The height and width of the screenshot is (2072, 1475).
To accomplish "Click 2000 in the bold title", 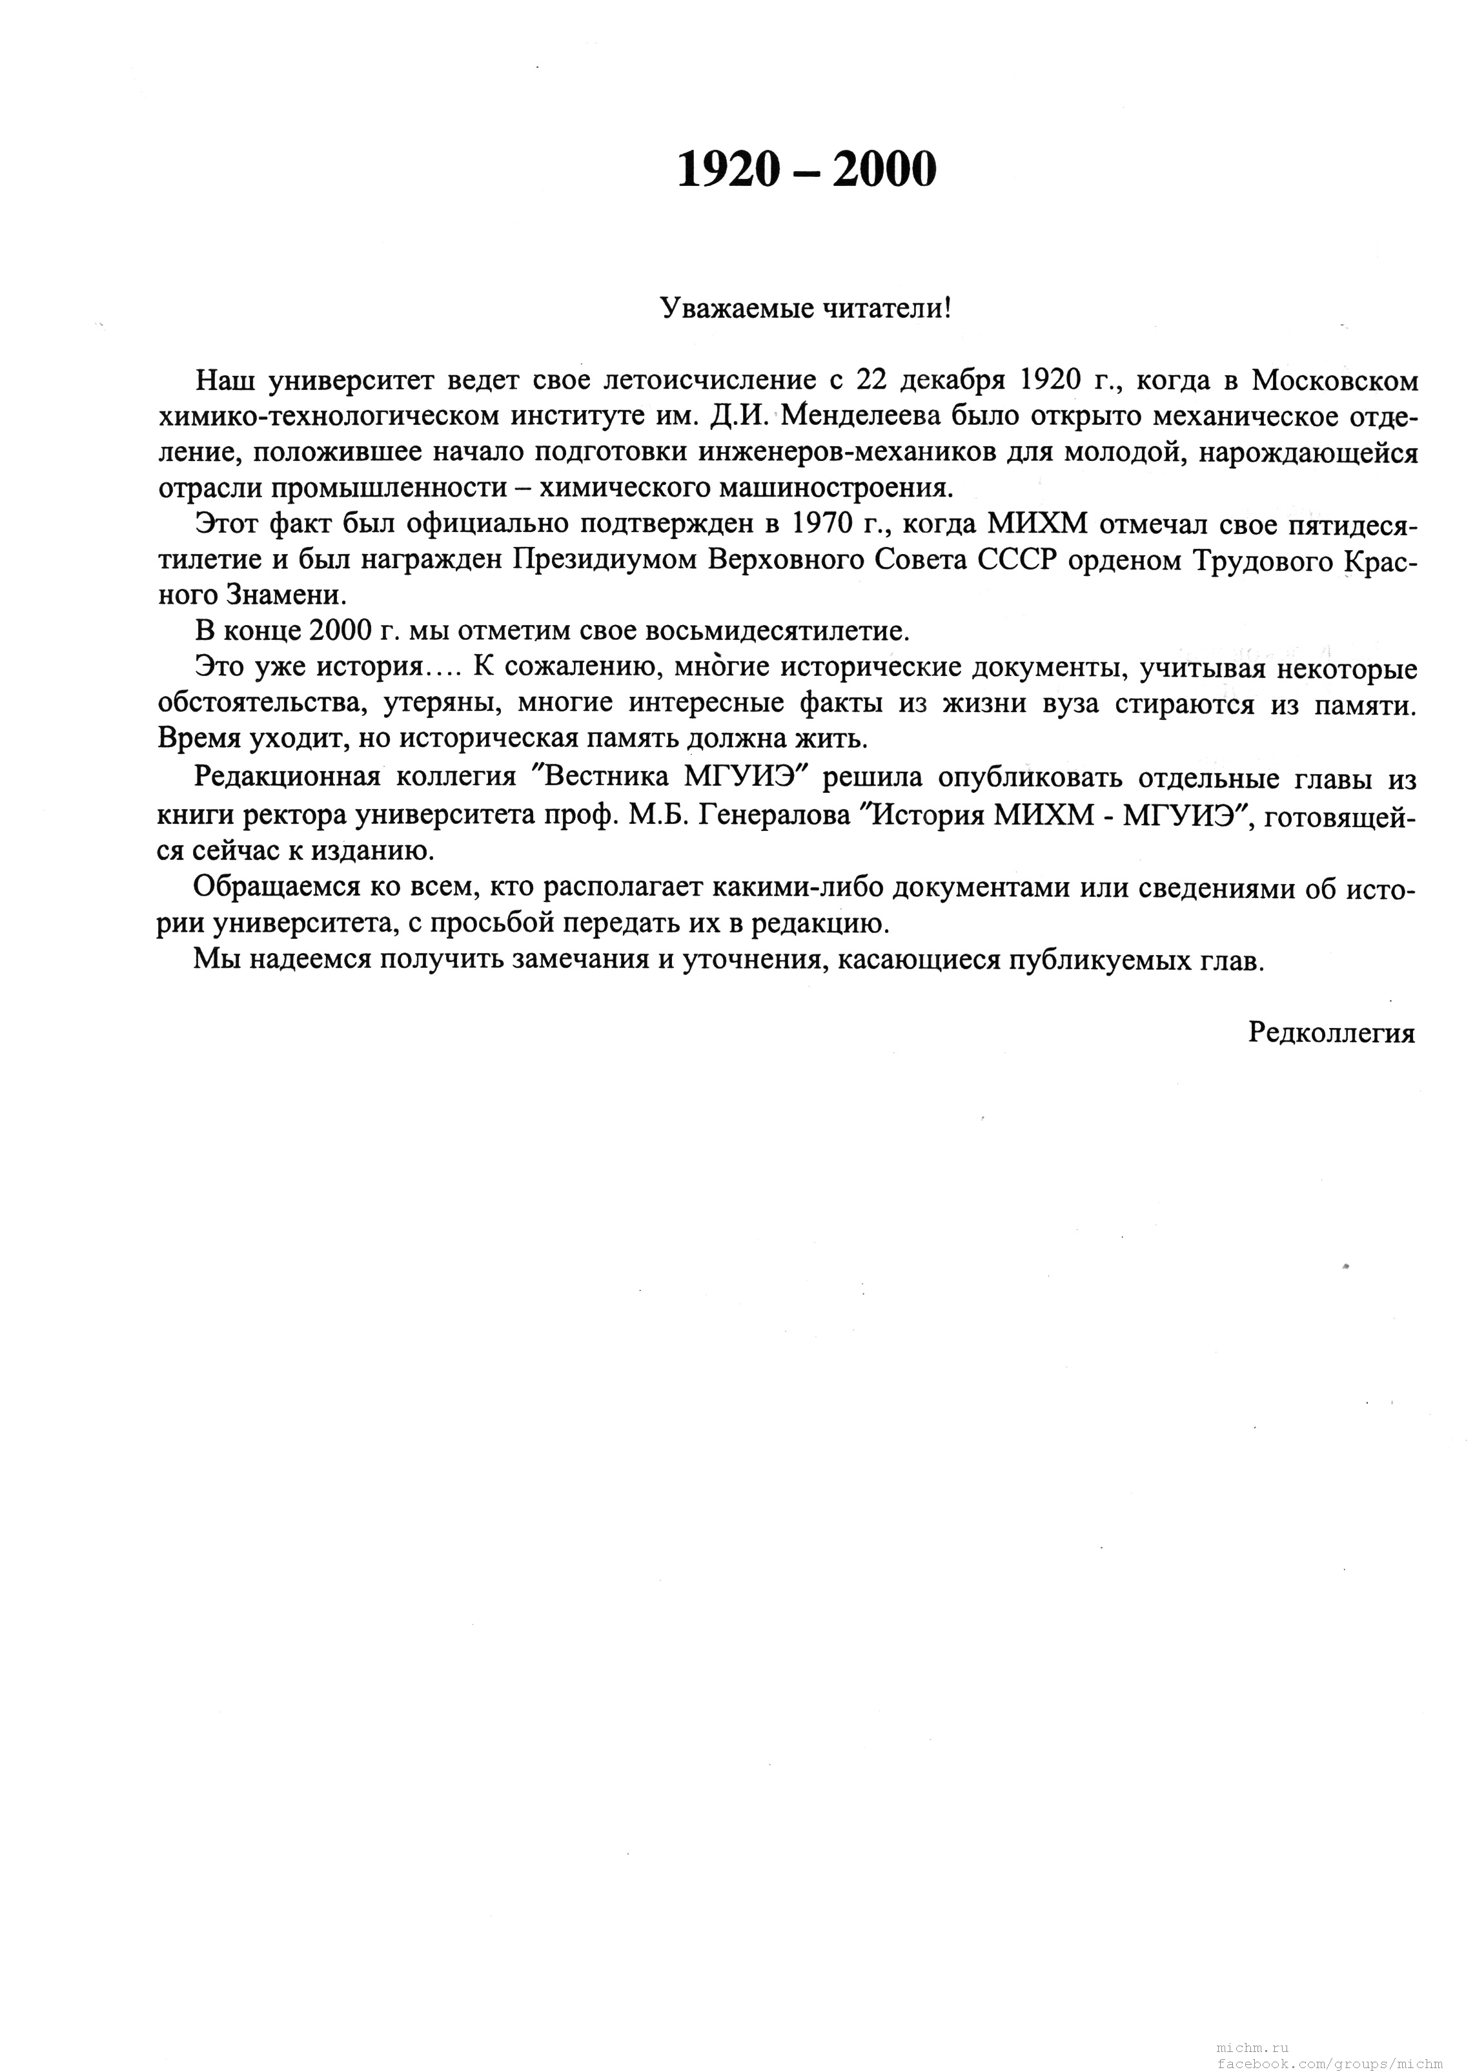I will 883,170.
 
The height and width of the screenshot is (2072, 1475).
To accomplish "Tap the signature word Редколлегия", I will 1332,1033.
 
